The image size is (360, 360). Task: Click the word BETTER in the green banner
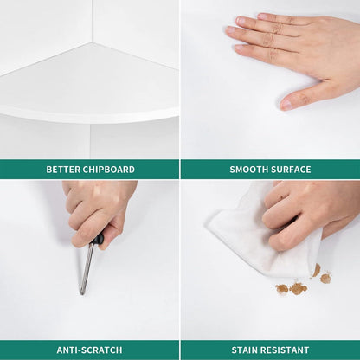pos(63,170)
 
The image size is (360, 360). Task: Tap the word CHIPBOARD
pos(108,170)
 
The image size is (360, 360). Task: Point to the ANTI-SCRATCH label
pos(89,350)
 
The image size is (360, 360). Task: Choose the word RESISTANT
pos(286,350)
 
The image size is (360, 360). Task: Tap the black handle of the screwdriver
pos(97,240)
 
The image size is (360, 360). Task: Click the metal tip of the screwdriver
pos(82,292)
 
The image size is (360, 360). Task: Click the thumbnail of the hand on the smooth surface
pos(286,105)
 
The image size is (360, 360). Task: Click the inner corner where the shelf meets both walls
pos(93,42)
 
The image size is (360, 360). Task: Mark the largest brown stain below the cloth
pos(298,288)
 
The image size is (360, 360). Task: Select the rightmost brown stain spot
pos(325,278)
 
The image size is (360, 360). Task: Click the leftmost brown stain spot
pos(282,288)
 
